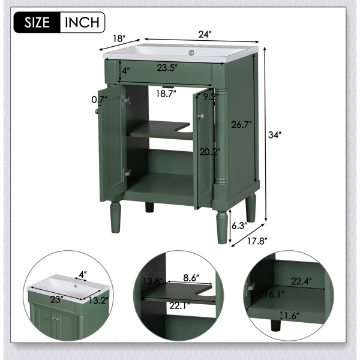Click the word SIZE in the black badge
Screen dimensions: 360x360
pyautogui.click(x=37, y=22)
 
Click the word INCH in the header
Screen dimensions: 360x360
pyautogui.click(x=82, y=22)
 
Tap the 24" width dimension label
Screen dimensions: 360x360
pyautogui.click(x=205, y=35)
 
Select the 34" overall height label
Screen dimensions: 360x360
pyautogui.click(x=275, y=135)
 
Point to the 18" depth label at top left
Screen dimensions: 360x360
pyautogui.click(x=119, y=38)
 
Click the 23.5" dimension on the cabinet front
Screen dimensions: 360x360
pyautogui.click(x=167, y=68)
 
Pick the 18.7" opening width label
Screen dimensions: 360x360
pyautogui.click(x=166, y=94)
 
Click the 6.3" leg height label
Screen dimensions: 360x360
pyautogui.click(x=239, y=226)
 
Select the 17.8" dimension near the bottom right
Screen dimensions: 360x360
pyautogui.click(x=257, y=241)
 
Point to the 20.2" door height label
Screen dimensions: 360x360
pyautogui.click(x=209, y=152)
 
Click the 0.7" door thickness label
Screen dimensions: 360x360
pyautogui.click(x=100, y=100)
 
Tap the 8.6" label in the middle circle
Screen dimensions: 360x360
pyautogui.click(x=191, y=278)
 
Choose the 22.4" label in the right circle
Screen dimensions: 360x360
pyautogui.click(x=301, y=281)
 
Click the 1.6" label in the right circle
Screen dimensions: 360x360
pyautogui.click(x=292, y=316)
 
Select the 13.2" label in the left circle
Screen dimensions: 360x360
pyautogui.click(x=98, y=300)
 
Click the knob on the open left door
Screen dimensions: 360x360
pyautogui.click(x=97, y=112)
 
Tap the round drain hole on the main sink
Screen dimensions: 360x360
pyautogui.click(x=191, y=53)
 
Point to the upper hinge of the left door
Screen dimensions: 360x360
pyautogui.click(x=126, y=101)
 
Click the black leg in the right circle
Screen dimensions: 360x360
pyautogui.click(x=276, y=325)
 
